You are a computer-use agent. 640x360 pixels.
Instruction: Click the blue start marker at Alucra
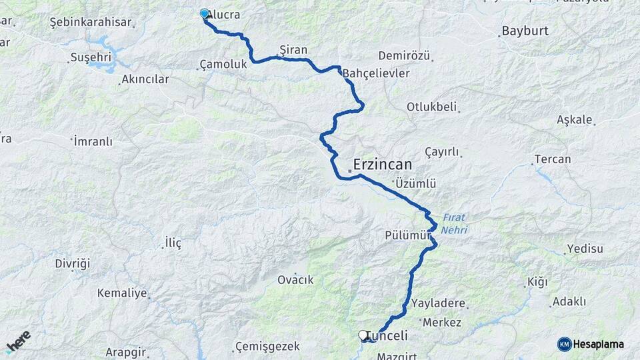pos(204,13)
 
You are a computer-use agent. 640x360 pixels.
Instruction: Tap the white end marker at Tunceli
pos(363,335)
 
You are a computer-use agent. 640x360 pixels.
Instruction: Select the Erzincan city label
pos(382,164)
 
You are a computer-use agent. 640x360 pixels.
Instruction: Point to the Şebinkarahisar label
pos(90,22)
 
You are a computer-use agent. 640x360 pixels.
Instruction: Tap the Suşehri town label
pos(90,57)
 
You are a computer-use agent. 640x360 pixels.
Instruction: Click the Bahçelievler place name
pos(376,73)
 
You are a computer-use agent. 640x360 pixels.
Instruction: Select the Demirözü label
pos(404,55)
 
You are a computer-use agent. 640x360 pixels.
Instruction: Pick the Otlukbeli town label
pos(431,107)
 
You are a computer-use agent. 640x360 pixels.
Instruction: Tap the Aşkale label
pos(574,120)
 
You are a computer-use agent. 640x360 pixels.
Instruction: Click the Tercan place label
pos(552,159)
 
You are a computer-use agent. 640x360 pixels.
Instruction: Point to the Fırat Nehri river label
pos(454,223)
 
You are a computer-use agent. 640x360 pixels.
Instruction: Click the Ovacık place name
pos(295,280)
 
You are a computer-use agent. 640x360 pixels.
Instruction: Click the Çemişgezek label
pos(267,347)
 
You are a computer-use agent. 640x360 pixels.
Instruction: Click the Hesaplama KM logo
pos(591,344)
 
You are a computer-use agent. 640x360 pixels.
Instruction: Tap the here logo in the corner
pos(18,341)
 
